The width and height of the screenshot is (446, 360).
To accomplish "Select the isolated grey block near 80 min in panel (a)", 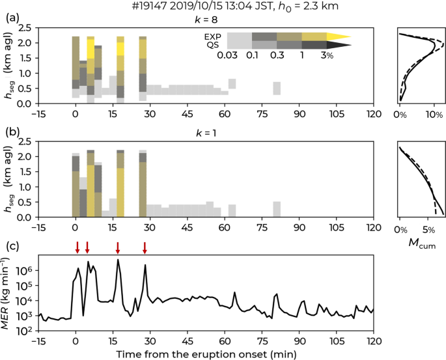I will point(277,89).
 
